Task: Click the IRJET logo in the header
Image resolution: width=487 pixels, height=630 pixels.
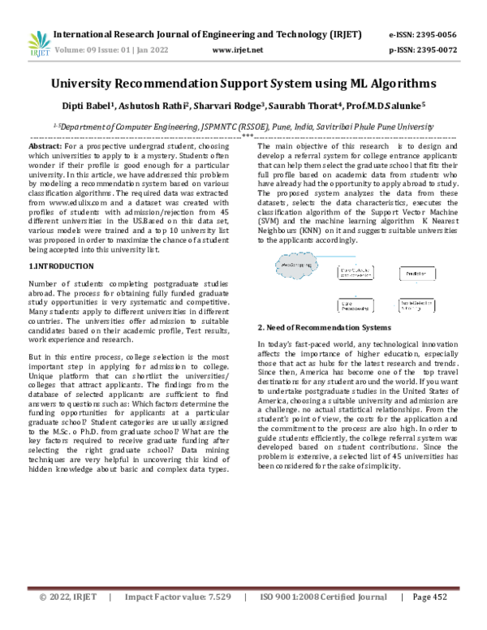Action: (37, 41)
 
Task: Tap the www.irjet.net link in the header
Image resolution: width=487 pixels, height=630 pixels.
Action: (237, 50)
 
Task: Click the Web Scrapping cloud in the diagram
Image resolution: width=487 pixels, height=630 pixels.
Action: (297, 265)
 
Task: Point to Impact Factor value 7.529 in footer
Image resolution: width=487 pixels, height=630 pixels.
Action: (183, 619)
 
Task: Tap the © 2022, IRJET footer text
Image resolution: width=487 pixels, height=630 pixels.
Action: (69, 619)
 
